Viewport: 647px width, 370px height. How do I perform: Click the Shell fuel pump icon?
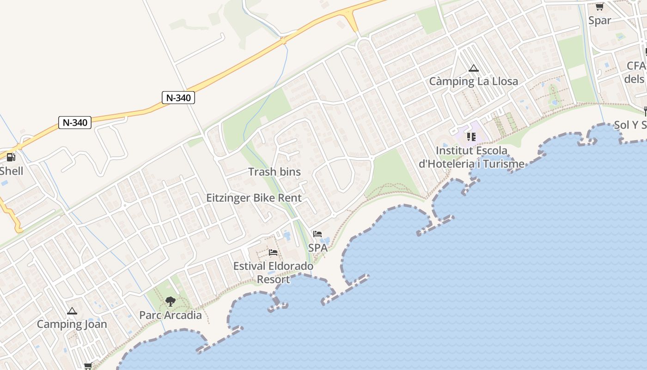pyautogui.click(x=11, y=157)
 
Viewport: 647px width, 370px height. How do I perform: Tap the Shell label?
pyautogui.click(x=12, y=171)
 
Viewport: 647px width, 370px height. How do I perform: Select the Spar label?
pyautogui.click(x=599, y=20)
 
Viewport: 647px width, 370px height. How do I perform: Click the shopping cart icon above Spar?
pyautogui.click(x=599, y=6)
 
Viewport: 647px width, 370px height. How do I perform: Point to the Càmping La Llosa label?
pyautogui.click(x=473, y=81)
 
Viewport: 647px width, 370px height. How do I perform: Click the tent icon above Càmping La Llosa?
pyautogui.click(x=473, y=68)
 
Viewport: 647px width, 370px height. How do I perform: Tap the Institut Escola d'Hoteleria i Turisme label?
pyautogui.click(x=471, y=157)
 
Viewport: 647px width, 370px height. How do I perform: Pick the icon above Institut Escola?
pyautogui.click(x=471, y=136)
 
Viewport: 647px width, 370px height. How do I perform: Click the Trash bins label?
pyautogui.click(x=275, y=172)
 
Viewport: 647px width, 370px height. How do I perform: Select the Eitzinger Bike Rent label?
pyautogui.click(x=254, y=198)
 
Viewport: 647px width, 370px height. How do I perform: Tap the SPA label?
pyautogui.click(x=318, y=247)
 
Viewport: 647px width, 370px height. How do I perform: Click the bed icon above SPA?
pyautogui.click(x=317, y=234)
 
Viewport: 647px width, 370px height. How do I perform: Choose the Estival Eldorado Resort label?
pyautogui.click(x=273, y=272)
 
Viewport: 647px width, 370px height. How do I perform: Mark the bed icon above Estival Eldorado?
pyautogui.click(x=273, y=253)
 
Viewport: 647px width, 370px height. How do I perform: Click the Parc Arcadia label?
pyautogui.click(x=171, y=315)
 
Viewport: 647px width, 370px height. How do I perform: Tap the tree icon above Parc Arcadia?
pyautogui.click(x=171, y=302)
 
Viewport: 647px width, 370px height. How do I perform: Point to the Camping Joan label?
pyautogui.click(x=72, y=324)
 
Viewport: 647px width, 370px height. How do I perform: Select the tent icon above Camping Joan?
pyautogui.click(x=72, y=311)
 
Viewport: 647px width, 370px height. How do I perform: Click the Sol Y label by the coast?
pyautogui.click(x=630, y=125)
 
